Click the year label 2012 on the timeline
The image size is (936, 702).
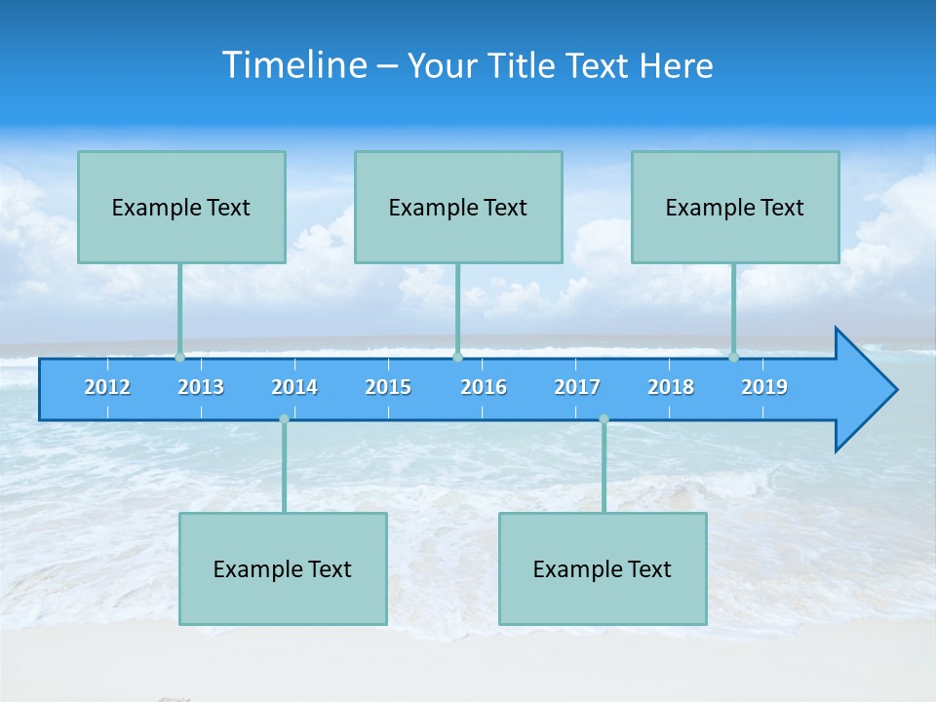107,387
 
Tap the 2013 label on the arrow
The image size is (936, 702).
201,387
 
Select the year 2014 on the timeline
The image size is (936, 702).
294,387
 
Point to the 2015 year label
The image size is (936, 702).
388,387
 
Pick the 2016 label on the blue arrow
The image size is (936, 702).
484,387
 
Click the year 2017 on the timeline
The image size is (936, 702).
577,387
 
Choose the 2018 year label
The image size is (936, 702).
671,387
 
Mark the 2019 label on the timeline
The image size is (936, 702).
764,387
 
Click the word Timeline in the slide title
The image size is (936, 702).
293,65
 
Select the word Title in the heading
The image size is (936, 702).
523,66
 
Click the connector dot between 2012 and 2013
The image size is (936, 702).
179,357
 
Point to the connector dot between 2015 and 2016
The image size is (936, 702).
457,357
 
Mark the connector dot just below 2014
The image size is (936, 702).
284,419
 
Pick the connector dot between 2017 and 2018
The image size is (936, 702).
604,419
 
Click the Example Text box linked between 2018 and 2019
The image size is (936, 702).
735,207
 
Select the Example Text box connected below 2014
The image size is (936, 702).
283,568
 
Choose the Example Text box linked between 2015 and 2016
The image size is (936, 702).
458,207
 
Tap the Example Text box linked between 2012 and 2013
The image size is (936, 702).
181,207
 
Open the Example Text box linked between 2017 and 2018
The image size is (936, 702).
603,568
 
